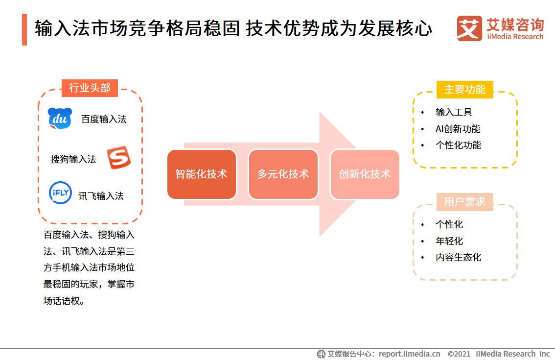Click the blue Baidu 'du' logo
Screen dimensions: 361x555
(60, 119)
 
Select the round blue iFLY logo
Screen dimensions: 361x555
(60, 193)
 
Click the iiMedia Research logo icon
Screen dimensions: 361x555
(469, 29)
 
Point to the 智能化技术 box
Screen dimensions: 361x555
(202, 174)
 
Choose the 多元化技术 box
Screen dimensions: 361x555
(283, 174)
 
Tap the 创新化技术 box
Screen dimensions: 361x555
(365, 174)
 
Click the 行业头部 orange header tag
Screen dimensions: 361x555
(90, 88)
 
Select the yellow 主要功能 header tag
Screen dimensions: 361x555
(464, 90)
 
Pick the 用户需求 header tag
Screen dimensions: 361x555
(464, 202)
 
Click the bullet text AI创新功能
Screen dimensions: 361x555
(458, 129)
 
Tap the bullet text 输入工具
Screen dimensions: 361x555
(454, 112)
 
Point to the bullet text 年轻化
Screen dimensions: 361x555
(449, 241)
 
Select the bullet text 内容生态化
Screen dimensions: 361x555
(458, 257)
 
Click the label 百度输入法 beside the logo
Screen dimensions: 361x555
(104, 119)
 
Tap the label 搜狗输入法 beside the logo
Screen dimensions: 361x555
(73, 159)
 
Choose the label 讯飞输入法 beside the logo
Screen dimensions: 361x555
(101, 196)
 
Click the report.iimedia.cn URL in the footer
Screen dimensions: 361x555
(409, 354)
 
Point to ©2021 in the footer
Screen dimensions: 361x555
(459, 354)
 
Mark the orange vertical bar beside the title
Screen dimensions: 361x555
(24, 29)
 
